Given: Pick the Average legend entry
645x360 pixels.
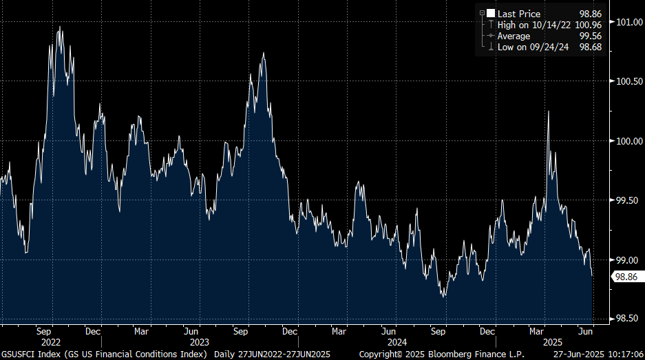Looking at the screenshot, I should pyautogui.click(x=514, y=36).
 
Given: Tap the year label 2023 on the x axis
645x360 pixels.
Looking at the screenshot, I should pyautogui.click(x=200, y=341).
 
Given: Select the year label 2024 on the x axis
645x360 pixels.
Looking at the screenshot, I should pyautogui.click(x=397, y=341).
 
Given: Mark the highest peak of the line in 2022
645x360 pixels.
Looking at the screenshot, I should pyautogui.click(x=60, y=27).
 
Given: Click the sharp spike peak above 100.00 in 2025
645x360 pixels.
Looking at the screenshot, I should pyautogui.click(x=548, y=111).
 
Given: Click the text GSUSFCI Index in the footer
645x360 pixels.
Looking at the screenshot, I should pyautogui.click(x=30, y=354).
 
